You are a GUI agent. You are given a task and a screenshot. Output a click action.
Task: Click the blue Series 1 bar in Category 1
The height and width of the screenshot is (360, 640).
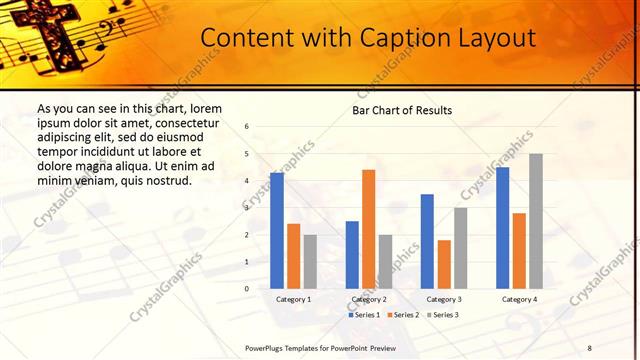tap(277, 231)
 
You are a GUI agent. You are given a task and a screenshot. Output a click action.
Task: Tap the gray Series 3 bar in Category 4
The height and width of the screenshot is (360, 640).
tap(536, 221)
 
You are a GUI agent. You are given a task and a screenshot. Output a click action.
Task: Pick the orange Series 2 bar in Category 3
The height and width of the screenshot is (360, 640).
tap(444, 264)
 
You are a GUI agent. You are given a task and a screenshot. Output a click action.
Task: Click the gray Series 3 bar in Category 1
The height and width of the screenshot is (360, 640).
tap(310, 262)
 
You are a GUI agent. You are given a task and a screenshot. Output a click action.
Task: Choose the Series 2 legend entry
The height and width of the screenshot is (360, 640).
tap(402, 314)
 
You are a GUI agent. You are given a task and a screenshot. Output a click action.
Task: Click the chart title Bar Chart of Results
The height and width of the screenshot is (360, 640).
tap(402, 110)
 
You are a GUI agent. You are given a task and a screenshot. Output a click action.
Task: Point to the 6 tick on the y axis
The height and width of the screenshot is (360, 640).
tap(247, 127)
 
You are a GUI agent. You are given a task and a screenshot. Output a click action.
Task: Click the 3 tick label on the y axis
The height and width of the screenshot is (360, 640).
tap(247, 208)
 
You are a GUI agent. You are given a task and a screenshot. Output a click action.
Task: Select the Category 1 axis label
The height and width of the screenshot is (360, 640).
tap(293, 299)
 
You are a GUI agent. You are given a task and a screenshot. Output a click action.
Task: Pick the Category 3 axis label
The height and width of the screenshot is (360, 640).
tap(443, 299)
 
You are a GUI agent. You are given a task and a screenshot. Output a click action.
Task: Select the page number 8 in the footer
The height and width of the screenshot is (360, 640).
tap(589, 347)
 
